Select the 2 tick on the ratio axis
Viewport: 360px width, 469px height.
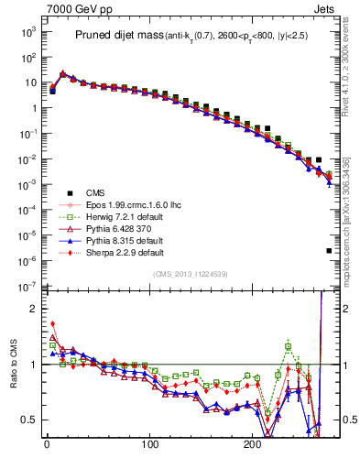point(31,309)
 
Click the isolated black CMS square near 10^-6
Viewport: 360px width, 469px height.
point(329,250)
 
